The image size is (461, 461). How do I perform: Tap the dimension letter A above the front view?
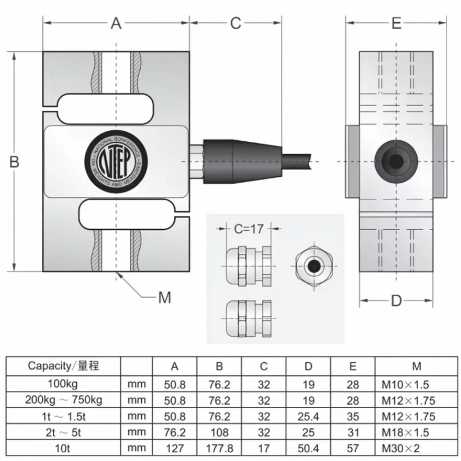[x=116, y=23]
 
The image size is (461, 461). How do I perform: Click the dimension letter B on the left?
[x=14, y=161]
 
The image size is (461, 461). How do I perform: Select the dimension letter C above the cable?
[x=236, y=23]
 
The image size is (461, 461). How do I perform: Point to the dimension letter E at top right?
[x=396, y=23]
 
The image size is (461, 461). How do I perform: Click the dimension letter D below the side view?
[x=396, y=301]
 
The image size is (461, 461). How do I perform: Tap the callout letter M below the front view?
[x=165, y=298]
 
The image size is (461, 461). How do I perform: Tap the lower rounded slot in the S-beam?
[x=128, y=214]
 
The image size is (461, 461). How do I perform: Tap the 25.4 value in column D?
[x=308, y=416]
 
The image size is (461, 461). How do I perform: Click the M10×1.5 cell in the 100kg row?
[x=416, y=384]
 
